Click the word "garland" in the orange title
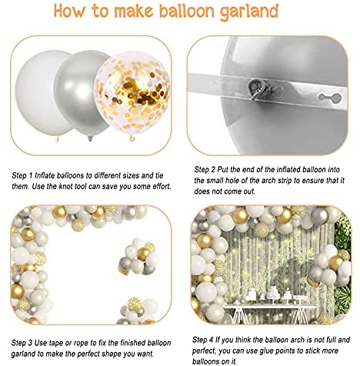[249, 12]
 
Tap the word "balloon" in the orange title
[187, 11]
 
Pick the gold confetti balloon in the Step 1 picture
[132, 94]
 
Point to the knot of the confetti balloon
[132, 138]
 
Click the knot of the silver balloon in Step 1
[90, 138]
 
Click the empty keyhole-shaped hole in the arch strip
[330, 97]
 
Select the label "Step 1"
[22, 175]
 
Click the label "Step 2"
[205, 169]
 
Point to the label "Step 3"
[22, 343]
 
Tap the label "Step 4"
[203, 340]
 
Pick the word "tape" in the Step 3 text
[55, 343]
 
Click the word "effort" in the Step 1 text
[161, 186]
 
